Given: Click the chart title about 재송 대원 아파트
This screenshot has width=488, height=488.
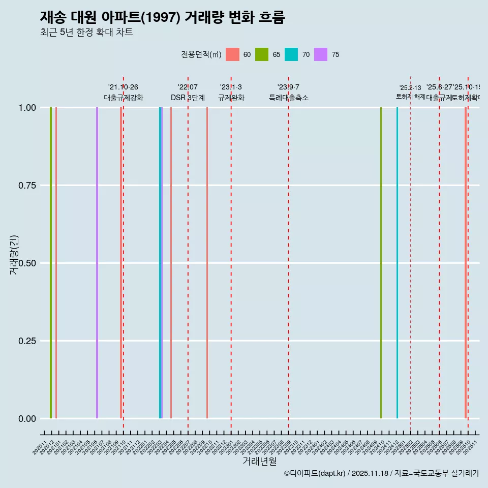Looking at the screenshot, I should pos(162,17).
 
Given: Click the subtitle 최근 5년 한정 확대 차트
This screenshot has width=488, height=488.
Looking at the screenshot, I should pos(86,33).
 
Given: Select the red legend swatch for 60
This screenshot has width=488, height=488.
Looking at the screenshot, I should pos(232,54).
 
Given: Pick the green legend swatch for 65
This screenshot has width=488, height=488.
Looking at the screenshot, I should pos(262,54).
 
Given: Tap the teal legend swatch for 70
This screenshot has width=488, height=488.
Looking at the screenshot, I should pos(291,54).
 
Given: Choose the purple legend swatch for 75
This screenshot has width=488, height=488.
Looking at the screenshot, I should pos(321,54).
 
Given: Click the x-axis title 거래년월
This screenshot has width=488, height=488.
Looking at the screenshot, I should pos(259,462).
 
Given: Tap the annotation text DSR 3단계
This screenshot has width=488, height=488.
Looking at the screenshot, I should pos(188,98).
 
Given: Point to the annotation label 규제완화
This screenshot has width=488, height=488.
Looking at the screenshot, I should pos(231,98).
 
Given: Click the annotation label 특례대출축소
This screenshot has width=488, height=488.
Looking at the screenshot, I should pos(289,98).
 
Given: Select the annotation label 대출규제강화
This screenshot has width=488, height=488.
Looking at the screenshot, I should pos(124,98).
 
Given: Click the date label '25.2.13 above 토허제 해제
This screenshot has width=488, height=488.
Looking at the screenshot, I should pos(410,88).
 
